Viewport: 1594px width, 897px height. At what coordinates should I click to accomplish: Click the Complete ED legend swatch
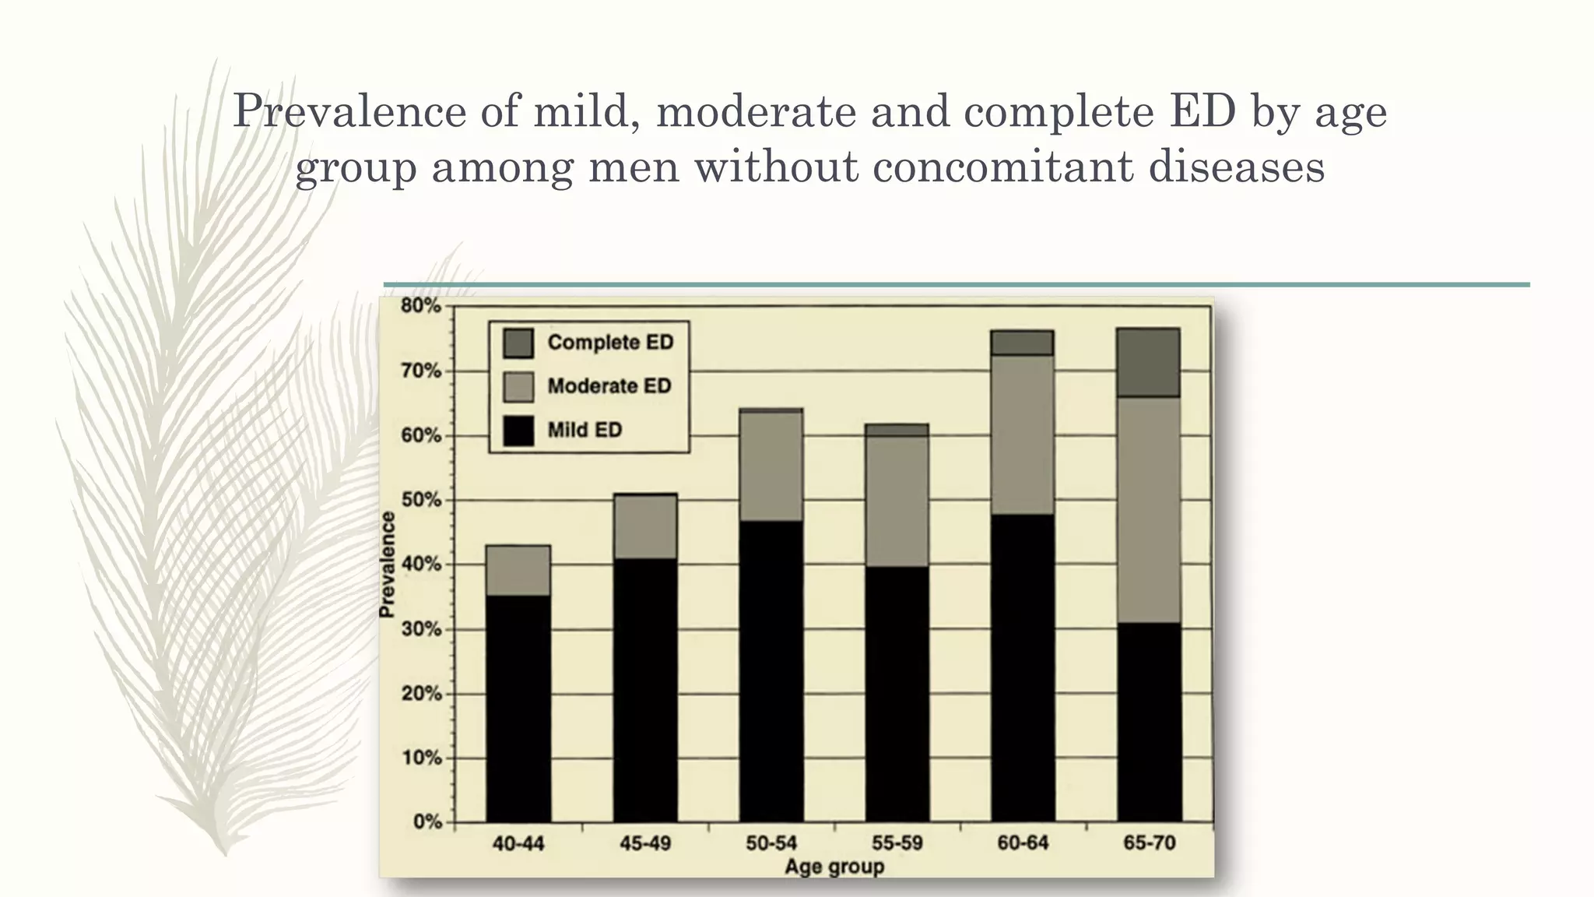(518, 343)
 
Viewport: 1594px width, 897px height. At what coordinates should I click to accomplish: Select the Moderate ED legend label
(609, 386)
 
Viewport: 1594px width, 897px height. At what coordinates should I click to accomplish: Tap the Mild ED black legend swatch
(518, 431)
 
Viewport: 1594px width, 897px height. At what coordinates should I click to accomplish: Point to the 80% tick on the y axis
(421, 306)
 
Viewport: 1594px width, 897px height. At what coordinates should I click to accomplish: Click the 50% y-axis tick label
(421, 500)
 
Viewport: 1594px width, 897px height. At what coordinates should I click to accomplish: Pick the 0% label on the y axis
(427, 822)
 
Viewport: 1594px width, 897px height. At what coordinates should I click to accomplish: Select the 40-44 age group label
(518, 843)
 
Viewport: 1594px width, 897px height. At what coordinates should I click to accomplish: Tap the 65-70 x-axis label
(1149, 843)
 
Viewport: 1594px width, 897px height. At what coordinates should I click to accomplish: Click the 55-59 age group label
(897, 843)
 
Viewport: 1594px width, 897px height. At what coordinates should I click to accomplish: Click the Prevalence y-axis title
(387, 565)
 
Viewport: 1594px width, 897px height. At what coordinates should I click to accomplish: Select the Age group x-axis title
(834, 867)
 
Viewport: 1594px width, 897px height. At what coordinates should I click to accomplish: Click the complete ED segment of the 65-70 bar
(1149, 363)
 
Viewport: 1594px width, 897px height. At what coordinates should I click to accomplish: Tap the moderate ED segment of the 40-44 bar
(518, 570)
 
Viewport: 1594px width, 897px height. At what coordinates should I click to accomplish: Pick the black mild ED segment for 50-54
(771, 670)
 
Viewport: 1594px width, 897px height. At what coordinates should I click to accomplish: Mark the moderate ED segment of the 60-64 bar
(1023, 434)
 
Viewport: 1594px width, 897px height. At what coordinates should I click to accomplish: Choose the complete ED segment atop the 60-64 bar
(1023, 343)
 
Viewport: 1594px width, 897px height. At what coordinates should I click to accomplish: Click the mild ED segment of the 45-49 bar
(644, 689)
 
